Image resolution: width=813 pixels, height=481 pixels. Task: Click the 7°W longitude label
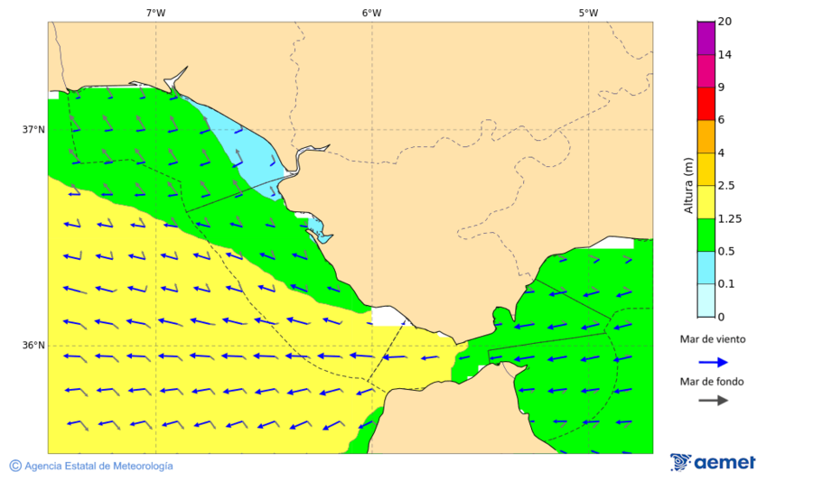[x=155, y=13]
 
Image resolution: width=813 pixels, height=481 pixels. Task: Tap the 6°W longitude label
[x=371, y=13]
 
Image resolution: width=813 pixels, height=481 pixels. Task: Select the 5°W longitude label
[x=588, y=13]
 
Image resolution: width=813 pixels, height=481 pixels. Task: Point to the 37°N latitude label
[x=33, y=129]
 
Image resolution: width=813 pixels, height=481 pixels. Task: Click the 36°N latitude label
[x=33, y=346]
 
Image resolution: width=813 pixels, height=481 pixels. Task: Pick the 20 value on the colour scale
[x=724, y=22]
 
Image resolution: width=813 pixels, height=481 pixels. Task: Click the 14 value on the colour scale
[x=724, y=54]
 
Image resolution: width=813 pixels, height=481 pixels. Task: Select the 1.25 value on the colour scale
[x=729, y=218]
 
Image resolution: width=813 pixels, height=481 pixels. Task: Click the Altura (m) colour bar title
[x=688, y=185]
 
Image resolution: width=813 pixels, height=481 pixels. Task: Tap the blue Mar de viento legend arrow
[x=713, y=362]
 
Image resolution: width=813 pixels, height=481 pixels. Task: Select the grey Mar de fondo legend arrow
[x=713, y=400]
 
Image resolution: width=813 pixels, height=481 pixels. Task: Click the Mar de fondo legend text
[x=713, y=381]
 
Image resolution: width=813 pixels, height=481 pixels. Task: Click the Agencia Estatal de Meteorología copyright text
[x=98, y=466]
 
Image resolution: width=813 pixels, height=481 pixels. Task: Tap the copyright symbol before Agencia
[x=15, y=466]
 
